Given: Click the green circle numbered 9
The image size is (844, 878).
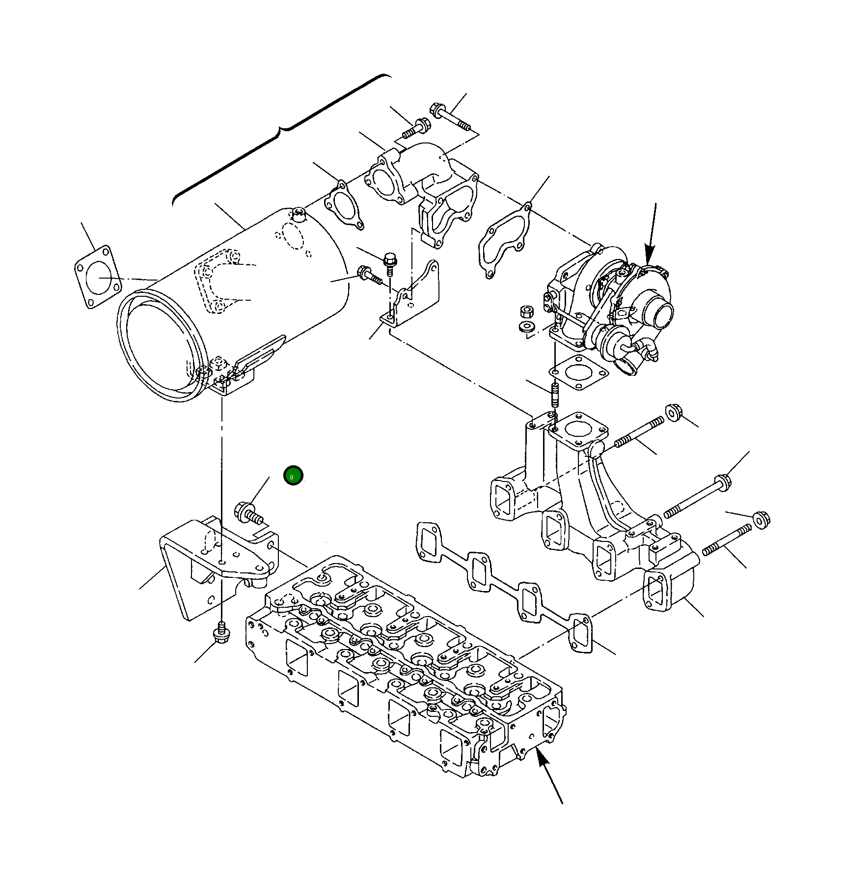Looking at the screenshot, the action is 293,476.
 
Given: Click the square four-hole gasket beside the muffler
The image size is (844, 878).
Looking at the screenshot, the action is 97,277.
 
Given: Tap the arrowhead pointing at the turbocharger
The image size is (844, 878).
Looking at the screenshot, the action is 649,258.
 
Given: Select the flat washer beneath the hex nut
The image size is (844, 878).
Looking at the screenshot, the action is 527,327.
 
